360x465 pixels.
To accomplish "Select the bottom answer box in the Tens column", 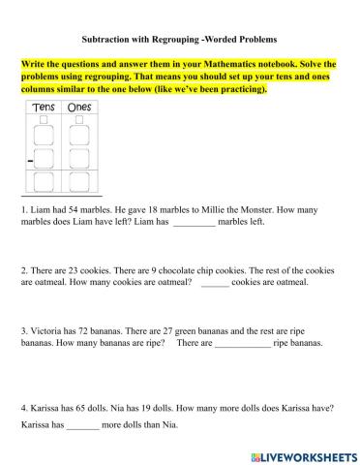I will click(43, 181).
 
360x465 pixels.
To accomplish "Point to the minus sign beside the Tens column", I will click(31, 156).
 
